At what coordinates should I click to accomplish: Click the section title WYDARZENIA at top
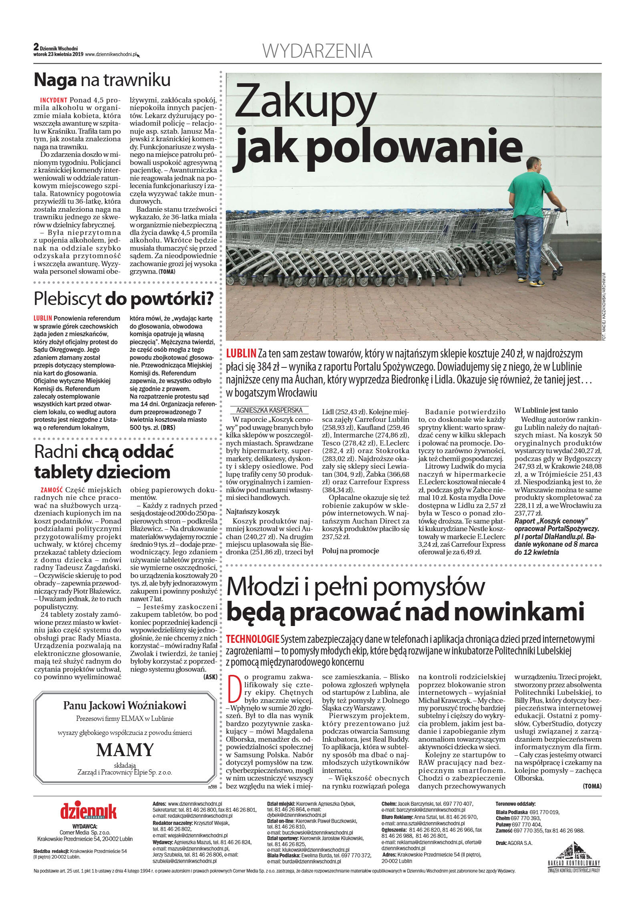click(x=317, y=51)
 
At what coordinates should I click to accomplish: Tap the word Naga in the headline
click(x=55, y=80)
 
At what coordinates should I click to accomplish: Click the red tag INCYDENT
click(x=54, y=100)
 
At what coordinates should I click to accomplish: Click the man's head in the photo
click(x=534, y=165)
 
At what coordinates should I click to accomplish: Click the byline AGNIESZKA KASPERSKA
click(x=269, y=410)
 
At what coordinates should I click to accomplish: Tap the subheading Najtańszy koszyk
click(x=253, y=512)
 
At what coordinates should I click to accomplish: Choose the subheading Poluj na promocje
click(x=350, y=551)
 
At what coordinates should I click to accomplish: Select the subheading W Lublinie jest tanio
click(x=546, y=410)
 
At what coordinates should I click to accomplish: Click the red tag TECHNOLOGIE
click(x=252, y=639)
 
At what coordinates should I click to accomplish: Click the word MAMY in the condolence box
click(x=125, y=750)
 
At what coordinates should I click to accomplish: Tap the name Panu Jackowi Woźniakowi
click(x=125, y=706)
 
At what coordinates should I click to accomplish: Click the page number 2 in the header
click(x=36, y=47)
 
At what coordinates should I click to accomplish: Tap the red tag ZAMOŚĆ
click(x=52, y=490)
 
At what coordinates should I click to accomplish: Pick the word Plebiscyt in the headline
click(x=67, y=299)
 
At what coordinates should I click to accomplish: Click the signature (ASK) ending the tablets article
click(x=210, y=677)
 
